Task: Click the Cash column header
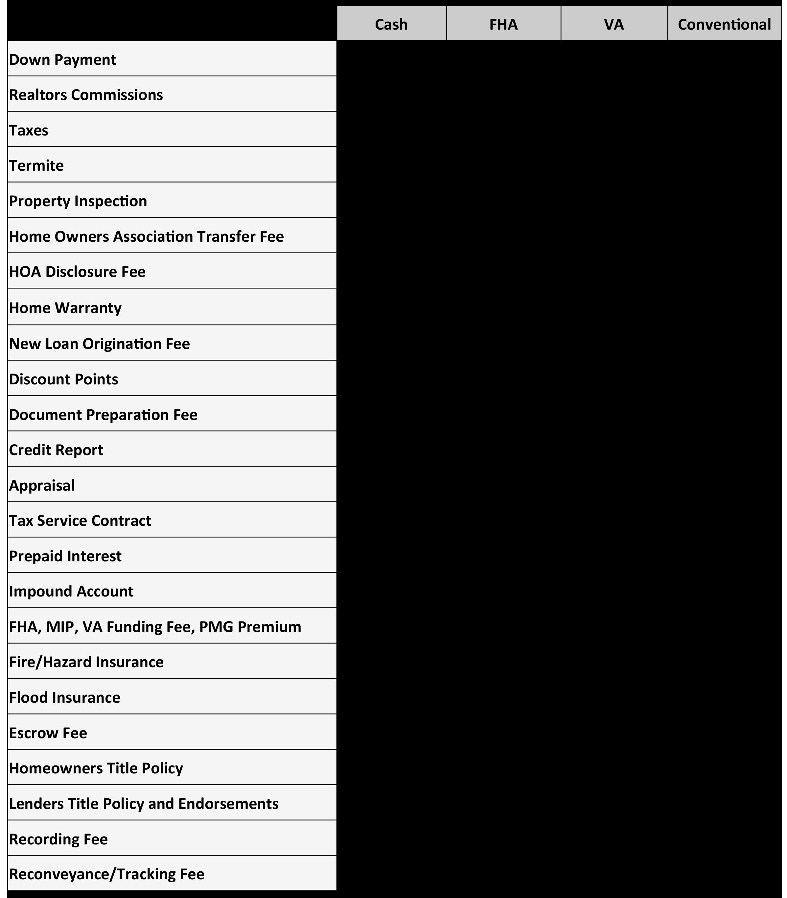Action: (391, 24)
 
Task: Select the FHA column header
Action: (503, 24)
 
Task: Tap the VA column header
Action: (613, 24)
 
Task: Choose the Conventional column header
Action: (724, 24)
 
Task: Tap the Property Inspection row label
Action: (78, 201)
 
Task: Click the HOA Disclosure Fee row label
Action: (77, 272)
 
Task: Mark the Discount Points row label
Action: (64, 379)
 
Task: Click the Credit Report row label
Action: (56, 450)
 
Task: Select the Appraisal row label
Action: (42, 485)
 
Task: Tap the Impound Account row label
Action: (71, 591)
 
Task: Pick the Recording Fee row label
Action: (58, 839)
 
